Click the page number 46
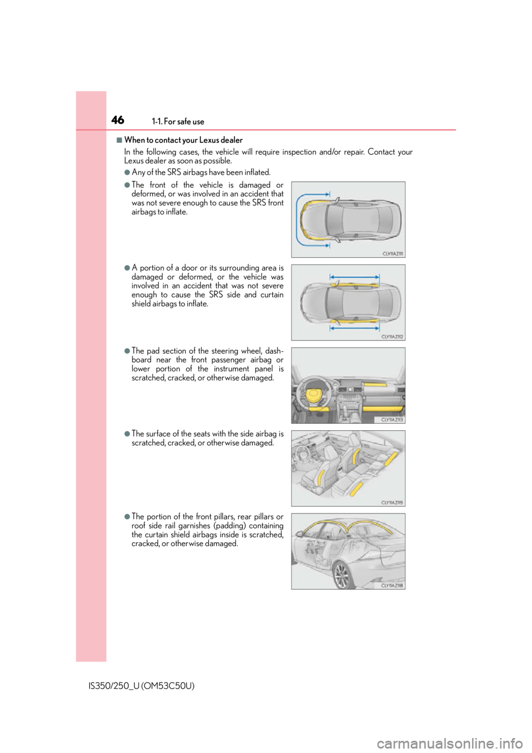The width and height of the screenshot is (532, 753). (117, 120)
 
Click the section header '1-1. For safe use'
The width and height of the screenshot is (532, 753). (178, 121)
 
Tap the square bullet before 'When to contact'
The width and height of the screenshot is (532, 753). (119, 140)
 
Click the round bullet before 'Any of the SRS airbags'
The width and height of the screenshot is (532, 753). (127, 172)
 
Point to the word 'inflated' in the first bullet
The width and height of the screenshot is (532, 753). (257, 172)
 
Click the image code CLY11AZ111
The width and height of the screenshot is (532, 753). (392, 254)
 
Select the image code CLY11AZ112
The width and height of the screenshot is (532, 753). (392, 337)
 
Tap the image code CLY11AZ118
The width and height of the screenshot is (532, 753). (392, 586)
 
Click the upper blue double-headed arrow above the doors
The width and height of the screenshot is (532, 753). (354, 277)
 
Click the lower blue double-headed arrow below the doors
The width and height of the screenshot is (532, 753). (354, 328)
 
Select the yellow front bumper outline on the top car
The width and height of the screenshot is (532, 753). (304, 220)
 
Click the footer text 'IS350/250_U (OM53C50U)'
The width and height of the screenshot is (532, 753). (141, 686)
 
